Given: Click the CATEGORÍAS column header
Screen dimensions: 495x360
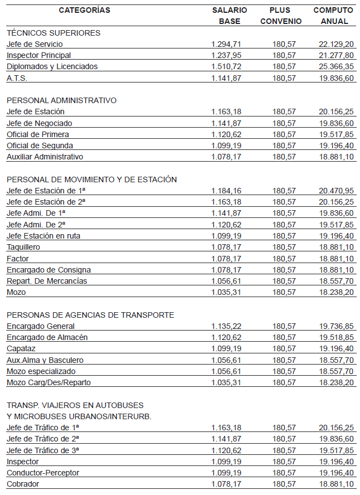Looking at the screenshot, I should pyautogui.click(x=84, y=11).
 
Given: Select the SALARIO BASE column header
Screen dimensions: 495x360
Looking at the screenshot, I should pyautogui.click(x=229, y=16).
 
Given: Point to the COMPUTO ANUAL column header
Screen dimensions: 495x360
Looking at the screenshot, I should pyautogui.click(x=333, y=16).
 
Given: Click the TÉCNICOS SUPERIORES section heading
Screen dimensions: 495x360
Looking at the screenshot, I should pyautogui.click(x=53, y=33).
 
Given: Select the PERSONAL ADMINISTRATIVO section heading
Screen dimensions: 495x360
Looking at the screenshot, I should pyautogui.click(x=61, y=100).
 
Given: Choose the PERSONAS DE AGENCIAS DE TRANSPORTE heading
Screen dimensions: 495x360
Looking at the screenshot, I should pyautogui.click(x=90, y=315).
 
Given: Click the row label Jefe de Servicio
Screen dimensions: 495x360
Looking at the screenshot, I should pyautogui.click(x=35, y=44).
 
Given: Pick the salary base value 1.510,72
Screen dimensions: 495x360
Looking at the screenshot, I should pyautogui.click(x=227, y=66).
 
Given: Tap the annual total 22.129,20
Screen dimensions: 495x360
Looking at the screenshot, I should pyautogui.click(x=336, y=44).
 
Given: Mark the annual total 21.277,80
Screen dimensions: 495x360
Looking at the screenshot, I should pyautogui.click(x=336, y=55).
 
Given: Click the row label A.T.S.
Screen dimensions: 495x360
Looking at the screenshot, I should pyautogui.click(x=17, y=78).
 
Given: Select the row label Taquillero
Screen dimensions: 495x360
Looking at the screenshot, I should pyautogui.click(x=23, y=247).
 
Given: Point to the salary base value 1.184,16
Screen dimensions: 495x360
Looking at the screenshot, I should pyautogui.click(x=227, y=191).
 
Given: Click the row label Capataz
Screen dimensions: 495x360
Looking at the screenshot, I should pyautogui.click(x=21, y=348).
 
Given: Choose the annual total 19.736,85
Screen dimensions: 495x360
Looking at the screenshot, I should pyautogui.click(x=336, y=326).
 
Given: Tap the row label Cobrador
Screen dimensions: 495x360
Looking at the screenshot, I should pyautogui.click(x=23, y=484).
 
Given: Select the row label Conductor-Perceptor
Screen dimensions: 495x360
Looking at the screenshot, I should pyautogui.click(x=43, y=473).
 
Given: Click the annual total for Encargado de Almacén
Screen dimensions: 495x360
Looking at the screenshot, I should pyautogui.click(x=336, y=337).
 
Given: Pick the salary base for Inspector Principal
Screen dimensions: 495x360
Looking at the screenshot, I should pyautogui.click(x=227, y=55).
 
